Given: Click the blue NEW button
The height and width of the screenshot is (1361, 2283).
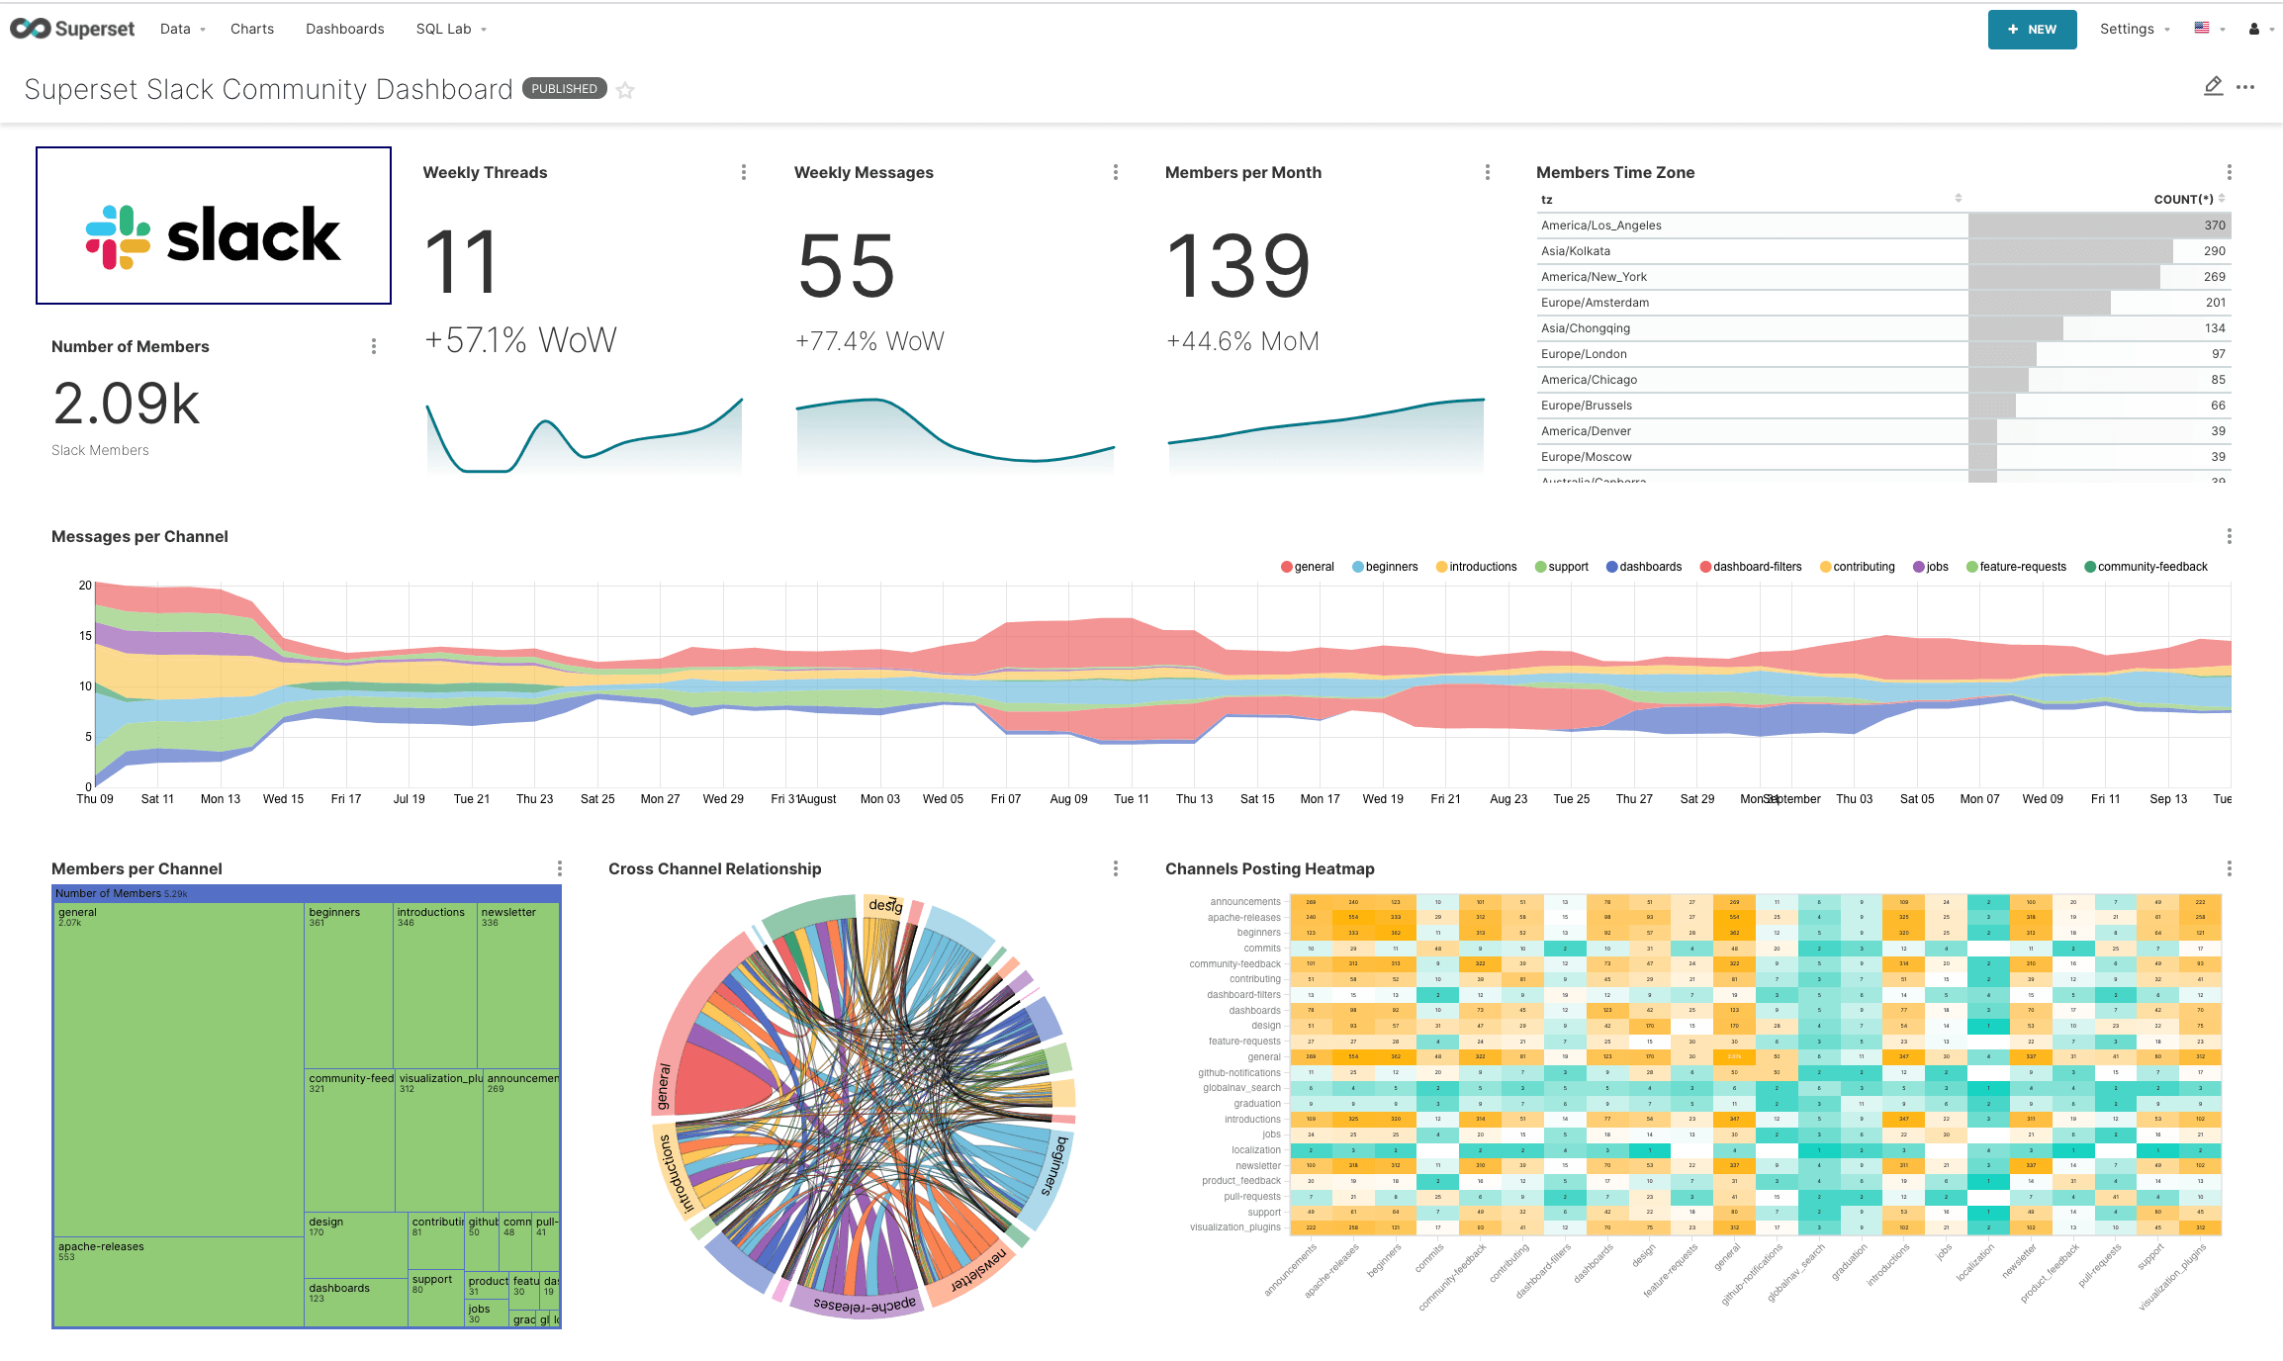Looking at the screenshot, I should click(x=2031, y=30).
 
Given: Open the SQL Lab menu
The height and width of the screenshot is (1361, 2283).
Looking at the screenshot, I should click(x=450, y=30).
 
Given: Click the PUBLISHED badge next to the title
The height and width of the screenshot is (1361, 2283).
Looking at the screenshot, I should click(x=564, y=89).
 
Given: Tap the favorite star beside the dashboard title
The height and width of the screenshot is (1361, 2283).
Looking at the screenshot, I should click(x=625, y=91).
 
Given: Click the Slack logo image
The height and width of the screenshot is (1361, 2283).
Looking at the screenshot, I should click(x=214, y=227).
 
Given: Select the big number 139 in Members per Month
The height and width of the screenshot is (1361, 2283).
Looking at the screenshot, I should click(x=1238, y=266).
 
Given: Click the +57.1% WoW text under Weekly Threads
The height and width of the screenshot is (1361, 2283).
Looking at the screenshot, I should click(x=520, y=340).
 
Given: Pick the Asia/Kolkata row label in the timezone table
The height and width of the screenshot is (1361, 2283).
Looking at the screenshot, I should click(x=1575, y=251).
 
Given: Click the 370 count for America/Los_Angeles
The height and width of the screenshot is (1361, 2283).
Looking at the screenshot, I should click(x=2214, y=226).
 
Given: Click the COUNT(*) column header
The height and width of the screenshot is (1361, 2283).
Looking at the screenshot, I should click(x=2183, y=200).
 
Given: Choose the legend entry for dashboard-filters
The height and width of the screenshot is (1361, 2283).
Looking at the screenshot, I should click(x=1751, y=567).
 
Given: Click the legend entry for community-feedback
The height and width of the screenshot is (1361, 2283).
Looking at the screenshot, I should click(x=2146, y=567).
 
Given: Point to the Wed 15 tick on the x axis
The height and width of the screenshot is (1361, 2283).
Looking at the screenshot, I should click(x=283, y=799).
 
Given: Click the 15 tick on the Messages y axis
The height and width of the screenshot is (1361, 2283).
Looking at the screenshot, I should click(x=86, y=636).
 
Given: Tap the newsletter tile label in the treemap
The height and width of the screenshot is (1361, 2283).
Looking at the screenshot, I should click(x=508, y=913).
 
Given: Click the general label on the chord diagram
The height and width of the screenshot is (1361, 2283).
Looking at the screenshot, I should click(x=664, y=1087).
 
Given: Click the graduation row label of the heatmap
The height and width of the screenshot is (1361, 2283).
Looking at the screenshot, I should click(x=1256, y=1104).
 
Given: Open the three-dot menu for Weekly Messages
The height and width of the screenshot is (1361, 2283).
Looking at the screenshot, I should click(x=1115, y=172).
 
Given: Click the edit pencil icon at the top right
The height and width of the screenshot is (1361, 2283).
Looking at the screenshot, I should click(x=2213, y=87).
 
